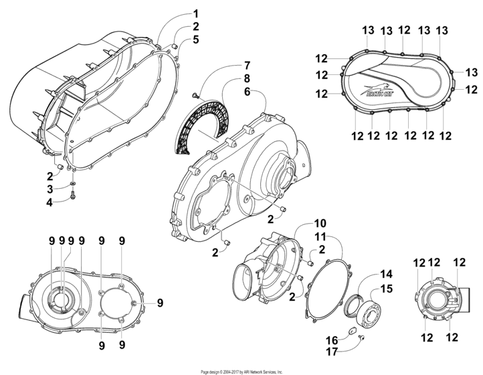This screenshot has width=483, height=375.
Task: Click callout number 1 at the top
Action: point(196,13)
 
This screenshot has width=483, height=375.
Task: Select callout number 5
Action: point(196,40)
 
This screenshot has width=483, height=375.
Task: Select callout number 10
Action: point(320,222)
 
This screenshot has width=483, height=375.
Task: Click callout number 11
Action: point(320,237)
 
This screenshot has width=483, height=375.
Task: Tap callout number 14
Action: point(384,274)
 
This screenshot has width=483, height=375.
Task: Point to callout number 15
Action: point(384,289)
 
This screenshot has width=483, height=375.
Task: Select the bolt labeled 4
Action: point(74,196)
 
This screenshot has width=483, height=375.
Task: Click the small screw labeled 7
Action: point(195,97)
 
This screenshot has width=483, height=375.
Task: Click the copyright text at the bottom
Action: point(242,371)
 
